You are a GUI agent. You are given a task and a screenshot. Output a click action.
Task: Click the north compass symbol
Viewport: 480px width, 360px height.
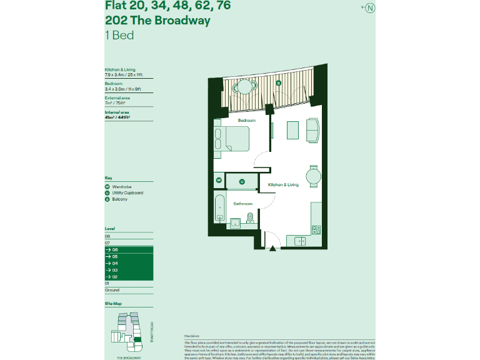tap(370, 7)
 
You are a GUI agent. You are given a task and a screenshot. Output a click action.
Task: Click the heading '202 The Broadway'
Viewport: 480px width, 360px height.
tap(157, 21)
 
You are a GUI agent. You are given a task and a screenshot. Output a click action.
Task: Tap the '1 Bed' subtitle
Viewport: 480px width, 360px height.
tap(119, 35)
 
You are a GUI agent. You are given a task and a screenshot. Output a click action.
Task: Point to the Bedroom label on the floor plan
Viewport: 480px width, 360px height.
tap(246, 120)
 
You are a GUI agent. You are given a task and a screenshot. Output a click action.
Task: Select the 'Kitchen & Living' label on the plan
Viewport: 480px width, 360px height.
tap(283, 185)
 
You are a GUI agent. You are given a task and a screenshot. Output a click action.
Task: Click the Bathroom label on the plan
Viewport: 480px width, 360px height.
tap(242, 204)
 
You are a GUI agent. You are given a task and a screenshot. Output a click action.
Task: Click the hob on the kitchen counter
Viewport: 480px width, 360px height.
tap(316, 230)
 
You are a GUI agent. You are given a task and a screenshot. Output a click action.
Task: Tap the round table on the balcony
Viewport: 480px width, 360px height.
tap(244, 87)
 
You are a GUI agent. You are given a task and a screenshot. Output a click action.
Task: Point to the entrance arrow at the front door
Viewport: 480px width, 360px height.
tap(272, 248)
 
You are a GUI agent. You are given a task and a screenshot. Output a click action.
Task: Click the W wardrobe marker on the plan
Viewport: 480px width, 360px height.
tap(219, 181)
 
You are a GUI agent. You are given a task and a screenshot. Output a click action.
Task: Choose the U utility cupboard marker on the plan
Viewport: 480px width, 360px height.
tap(241, 182)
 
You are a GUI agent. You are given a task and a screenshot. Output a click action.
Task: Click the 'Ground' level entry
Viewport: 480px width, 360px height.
tap(112, 290)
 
